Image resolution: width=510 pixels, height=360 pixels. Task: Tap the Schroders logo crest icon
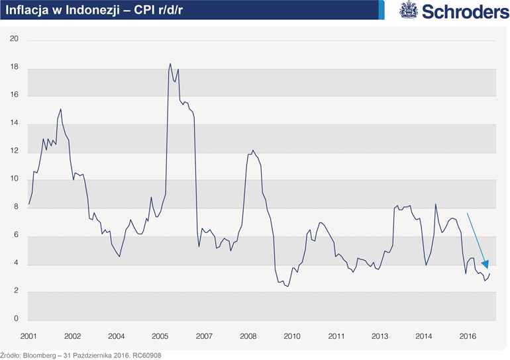[408, 10]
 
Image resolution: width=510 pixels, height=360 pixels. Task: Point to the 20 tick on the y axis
[14, 40]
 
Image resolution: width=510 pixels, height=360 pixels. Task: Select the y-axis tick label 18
[14, 68]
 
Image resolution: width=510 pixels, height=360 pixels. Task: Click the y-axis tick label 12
[14, 152]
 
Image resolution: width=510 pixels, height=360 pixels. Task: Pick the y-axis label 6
[16, 236]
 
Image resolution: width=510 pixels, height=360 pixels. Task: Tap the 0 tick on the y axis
[16, 320]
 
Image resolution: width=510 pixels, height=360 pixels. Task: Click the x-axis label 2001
[28, 336]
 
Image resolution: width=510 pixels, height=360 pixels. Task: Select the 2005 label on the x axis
[160, 336]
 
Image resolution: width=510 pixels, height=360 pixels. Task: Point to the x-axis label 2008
[248, 336]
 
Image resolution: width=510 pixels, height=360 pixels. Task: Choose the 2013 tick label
[380, 336]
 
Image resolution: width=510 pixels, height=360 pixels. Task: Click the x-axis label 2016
[468, 336]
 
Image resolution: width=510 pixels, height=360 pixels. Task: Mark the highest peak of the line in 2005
[170, 64]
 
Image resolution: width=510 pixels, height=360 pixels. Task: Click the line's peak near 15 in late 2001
[61, 109]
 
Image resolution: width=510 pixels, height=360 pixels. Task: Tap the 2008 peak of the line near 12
[253, 150]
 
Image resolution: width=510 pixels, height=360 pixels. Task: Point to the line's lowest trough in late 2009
[287, 286]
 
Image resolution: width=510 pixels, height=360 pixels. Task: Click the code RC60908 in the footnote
[146, 355]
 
